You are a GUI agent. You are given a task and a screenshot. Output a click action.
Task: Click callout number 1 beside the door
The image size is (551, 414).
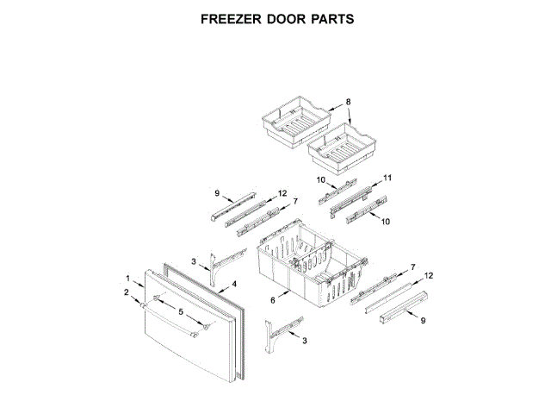point(128,279)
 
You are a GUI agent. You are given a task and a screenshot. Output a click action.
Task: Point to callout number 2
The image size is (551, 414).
point(126,293)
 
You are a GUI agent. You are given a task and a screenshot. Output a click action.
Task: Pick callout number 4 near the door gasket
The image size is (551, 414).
point(233,282)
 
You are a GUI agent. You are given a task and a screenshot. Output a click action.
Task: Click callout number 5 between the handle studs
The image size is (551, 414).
point(181,311)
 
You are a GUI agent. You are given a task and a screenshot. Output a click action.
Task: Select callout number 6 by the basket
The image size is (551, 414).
point(272,300)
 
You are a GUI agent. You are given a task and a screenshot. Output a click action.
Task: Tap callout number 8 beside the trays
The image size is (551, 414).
point(349,103)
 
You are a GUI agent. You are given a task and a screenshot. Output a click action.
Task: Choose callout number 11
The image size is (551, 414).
point(387,178)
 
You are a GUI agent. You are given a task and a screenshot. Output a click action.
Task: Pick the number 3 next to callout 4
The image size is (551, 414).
point(194,261)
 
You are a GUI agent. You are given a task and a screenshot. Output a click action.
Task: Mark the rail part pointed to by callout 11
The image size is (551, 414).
point(355,195)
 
